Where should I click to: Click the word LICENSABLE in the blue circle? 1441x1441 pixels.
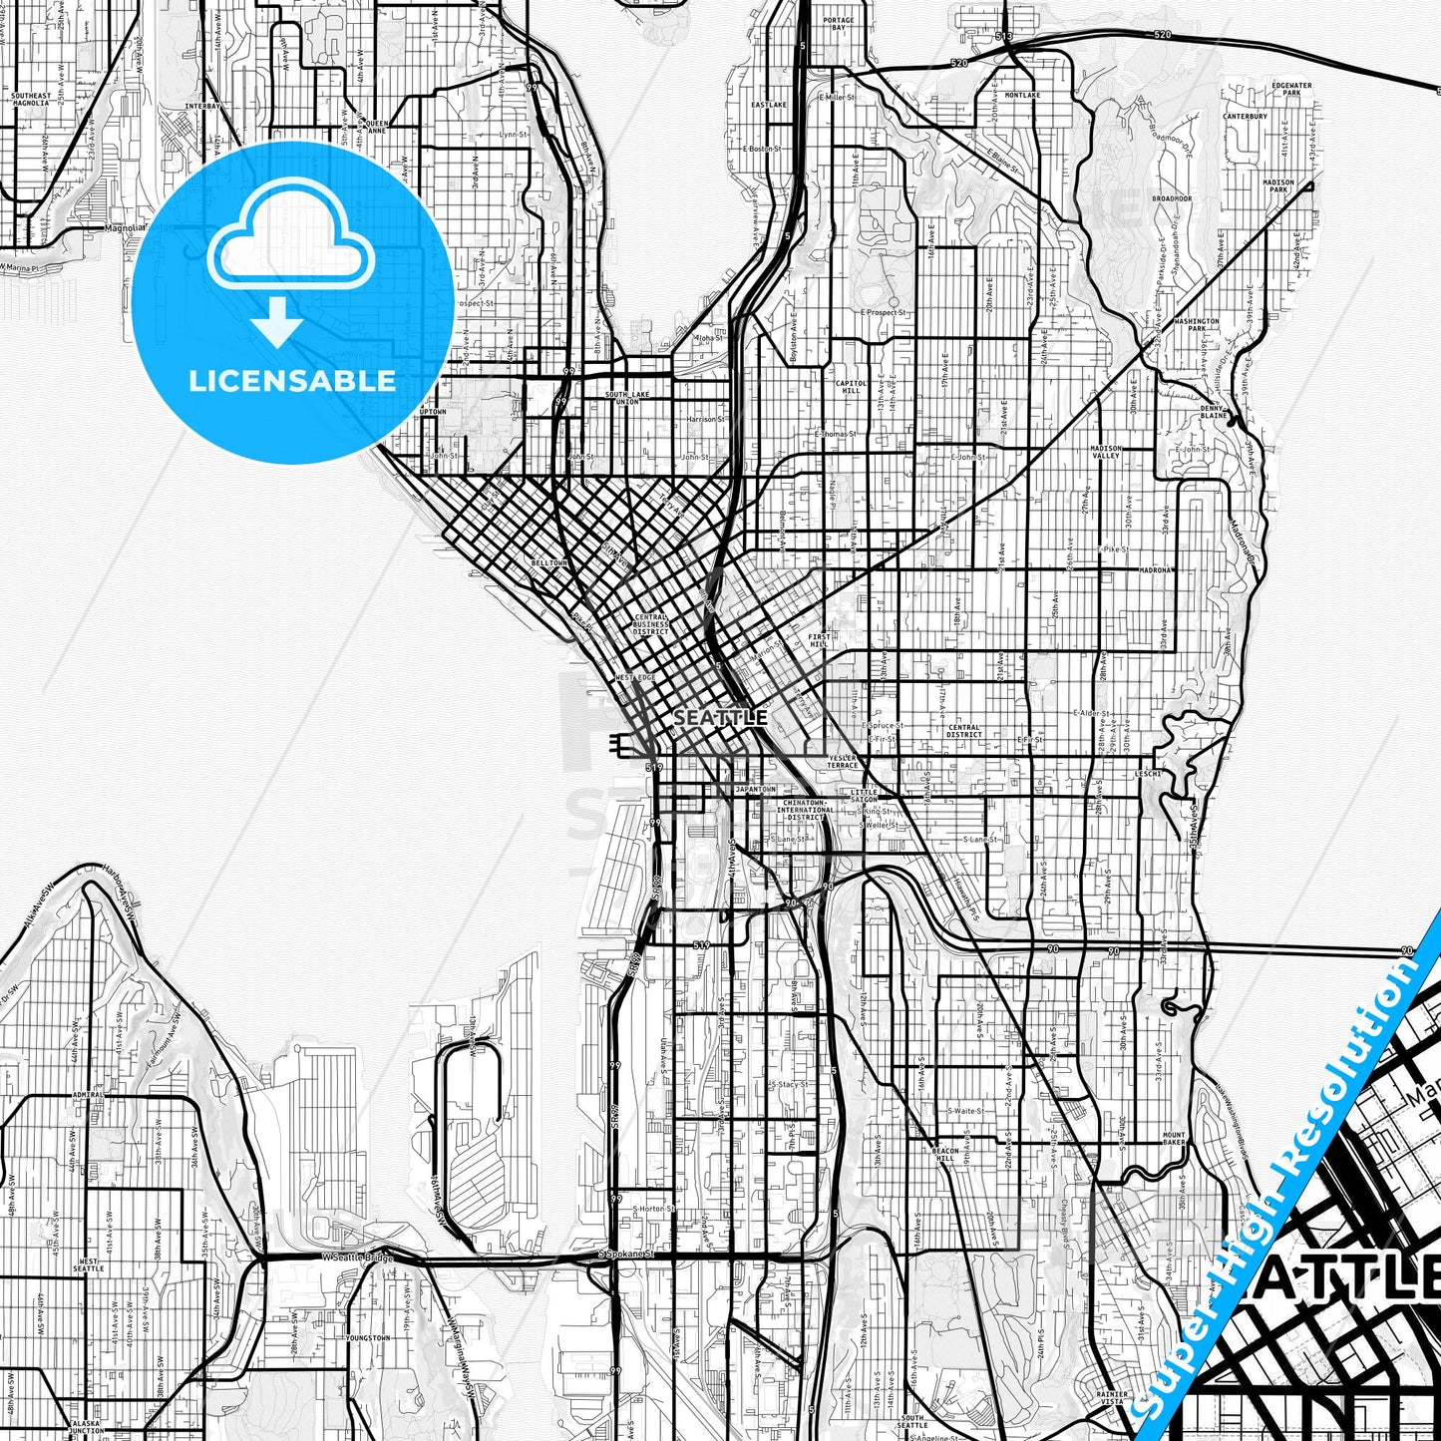pyautogui.click(x=292, y=381)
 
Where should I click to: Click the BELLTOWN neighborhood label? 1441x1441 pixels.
pyautogui.click(x=548, y=562)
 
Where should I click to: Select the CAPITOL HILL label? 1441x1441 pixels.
pyautogui.click(x=852, y=387)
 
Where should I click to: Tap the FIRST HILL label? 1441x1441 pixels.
pyautogui.click(x=819, y=640)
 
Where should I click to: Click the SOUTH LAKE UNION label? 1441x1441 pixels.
pyautogui.click(x=627, y=398)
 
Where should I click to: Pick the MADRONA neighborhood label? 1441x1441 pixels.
pyautogui.click(x=1157, y=570)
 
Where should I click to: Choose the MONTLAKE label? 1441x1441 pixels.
pyautogui.click(x=1022, y=95)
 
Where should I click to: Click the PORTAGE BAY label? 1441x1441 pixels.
pyautogui.click(x=840, y=24)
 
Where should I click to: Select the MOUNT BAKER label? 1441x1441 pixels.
pyautogui.click(x=1174, y=1139)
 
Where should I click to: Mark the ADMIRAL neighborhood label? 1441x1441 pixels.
pyautogui.click(x=87, y=1094)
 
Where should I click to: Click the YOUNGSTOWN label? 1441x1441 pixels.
pyautogui.click(x=368, y=1337)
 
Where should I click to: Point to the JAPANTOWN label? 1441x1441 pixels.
pyautogui.click(x=755, y=789)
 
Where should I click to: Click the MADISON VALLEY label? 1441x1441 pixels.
pyautogui.click(x=1106, y=453)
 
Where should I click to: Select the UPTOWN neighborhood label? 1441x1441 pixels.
pyautogui.click(x=433, y=411)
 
